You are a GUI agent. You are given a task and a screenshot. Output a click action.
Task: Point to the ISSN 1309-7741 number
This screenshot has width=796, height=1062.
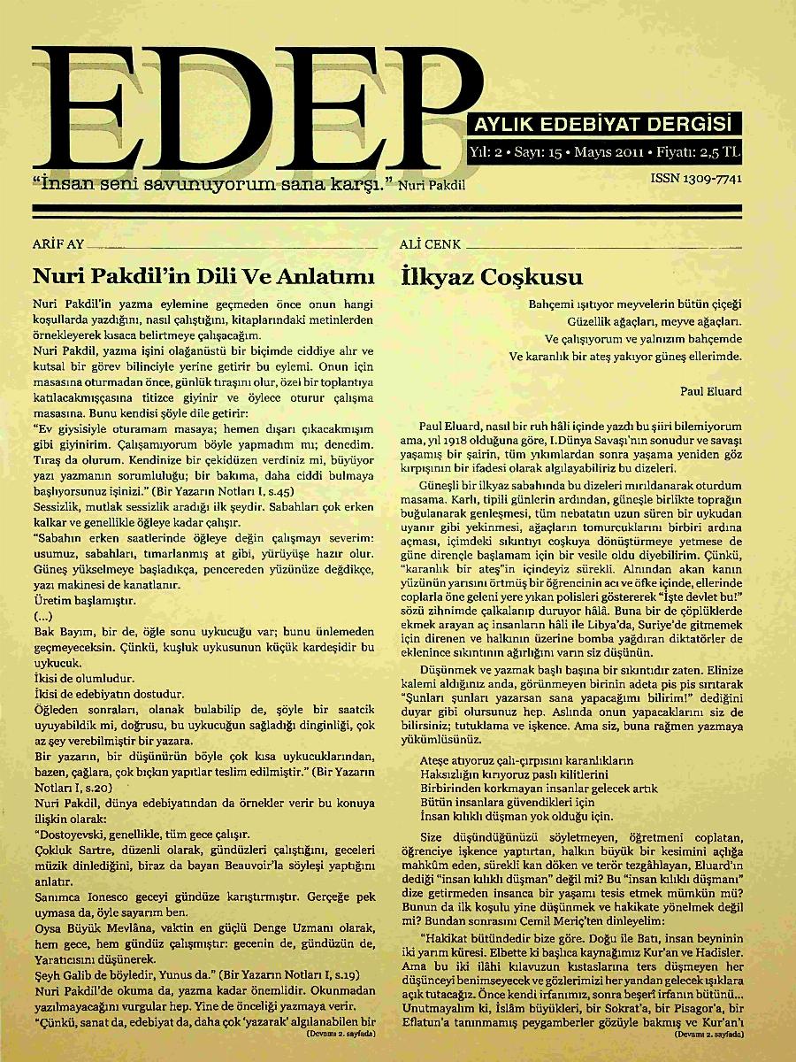695,179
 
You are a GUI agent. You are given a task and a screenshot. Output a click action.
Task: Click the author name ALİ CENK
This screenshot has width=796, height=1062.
432,245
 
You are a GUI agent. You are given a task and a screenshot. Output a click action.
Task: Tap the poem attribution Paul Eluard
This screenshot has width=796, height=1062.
710,390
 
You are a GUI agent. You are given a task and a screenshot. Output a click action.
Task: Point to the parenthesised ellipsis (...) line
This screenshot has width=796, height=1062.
42,615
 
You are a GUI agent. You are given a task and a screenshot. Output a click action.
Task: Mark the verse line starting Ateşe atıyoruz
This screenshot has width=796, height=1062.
527,759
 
